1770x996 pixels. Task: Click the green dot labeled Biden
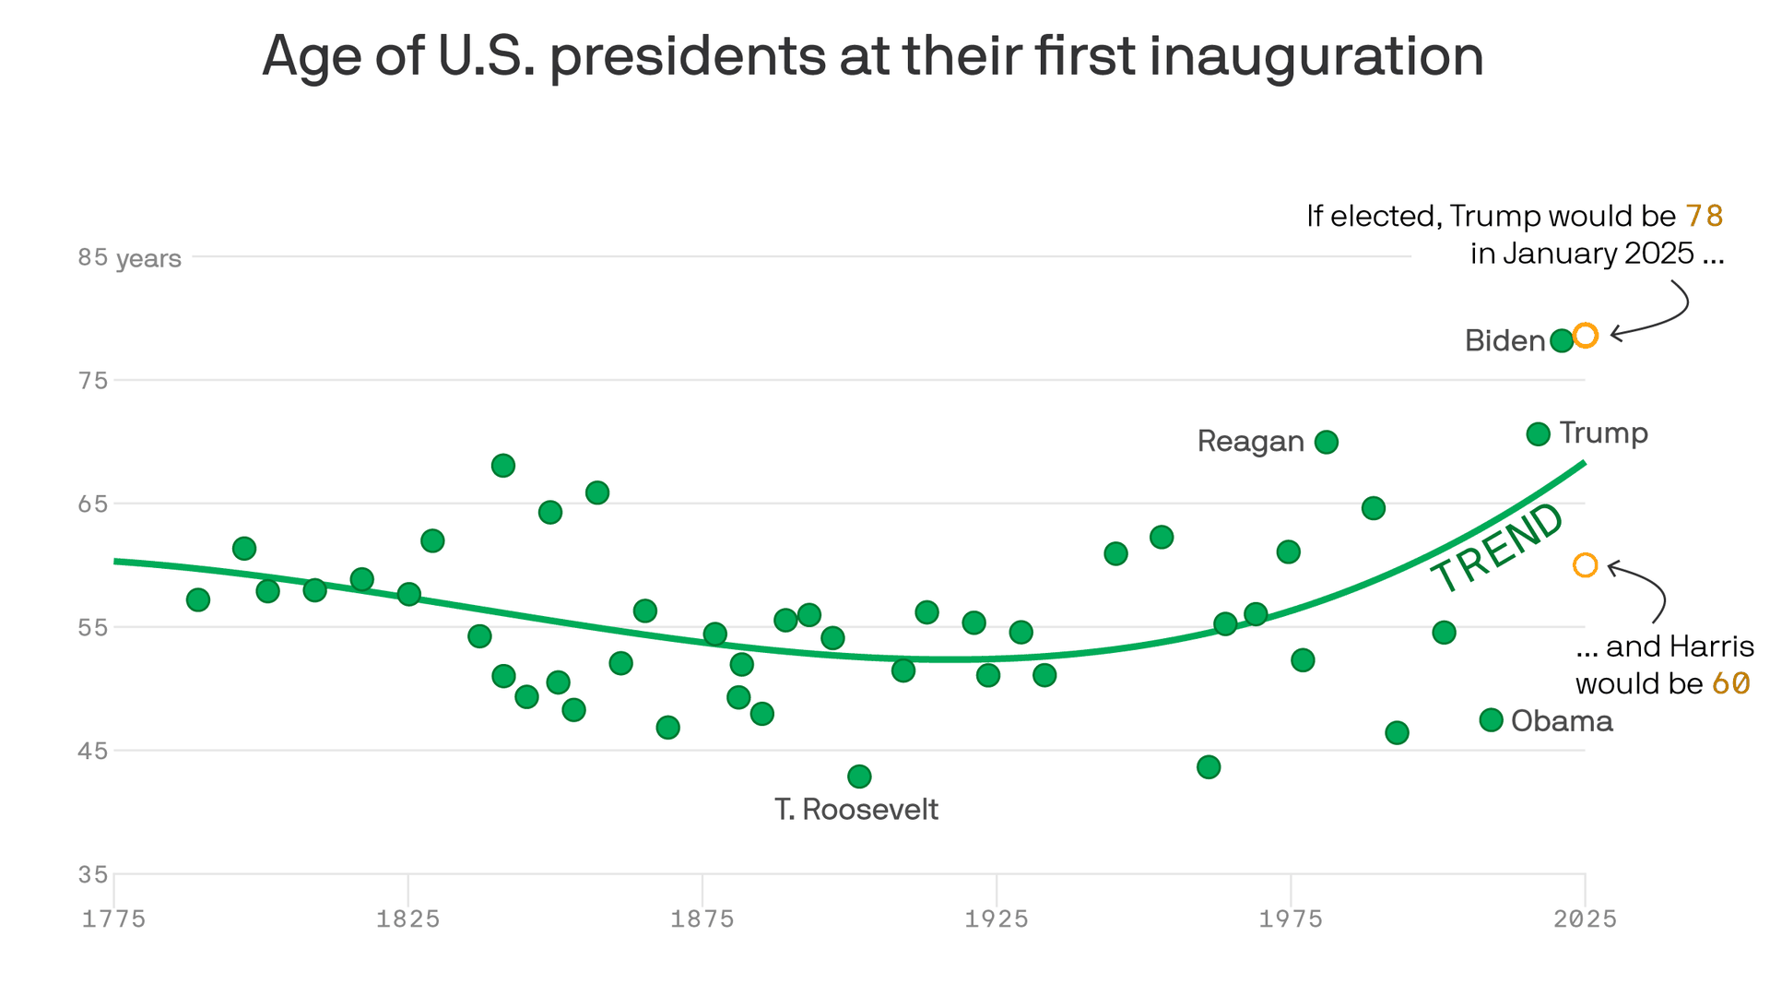pos(1561,340)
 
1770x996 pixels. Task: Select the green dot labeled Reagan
pos(1326,442)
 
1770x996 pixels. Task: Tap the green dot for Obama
pos(1491,719)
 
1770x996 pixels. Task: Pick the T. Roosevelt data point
pos(858,776)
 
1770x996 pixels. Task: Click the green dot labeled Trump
pos(1538,433)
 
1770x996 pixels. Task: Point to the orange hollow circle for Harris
pos(1585,564)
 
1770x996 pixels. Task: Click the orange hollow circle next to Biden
pos(1585,335)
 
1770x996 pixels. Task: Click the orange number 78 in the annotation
pos(1704,216)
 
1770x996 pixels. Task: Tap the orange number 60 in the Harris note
pos(1730,683)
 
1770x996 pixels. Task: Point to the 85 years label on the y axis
pos(129,257)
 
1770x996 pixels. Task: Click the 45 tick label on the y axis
pos(92,751)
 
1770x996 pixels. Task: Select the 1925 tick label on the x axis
pos(996,919)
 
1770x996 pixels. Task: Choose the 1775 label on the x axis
pos(113,919)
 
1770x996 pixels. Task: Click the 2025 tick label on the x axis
pos(1585,919)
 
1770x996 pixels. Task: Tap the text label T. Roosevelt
pos(855,809)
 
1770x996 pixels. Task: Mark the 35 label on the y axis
pos(92,874)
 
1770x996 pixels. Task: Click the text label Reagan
pos(1250,442)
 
